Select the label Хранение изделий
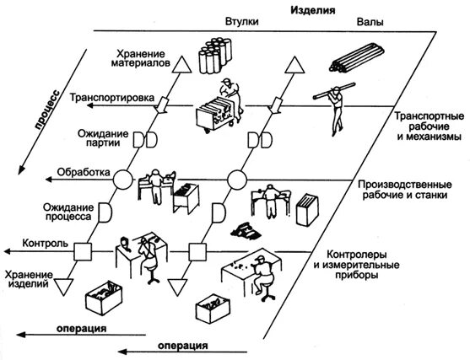[x=30, y=281]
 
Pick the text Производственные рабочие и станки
[x=405, y=191]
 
